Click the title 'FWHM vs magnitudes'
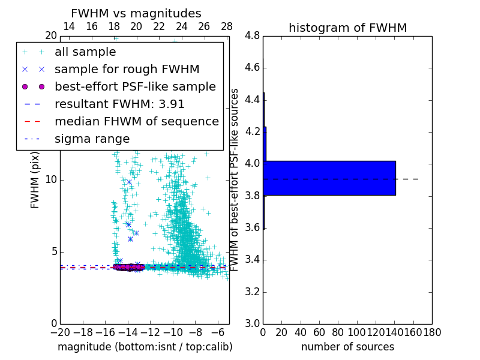[x=136, y=13]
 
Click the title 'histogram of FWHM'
[x=347, y=28]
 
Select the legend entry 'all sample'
[x=85, y=52]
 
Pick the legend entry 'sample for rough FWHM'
[x=127, y=69]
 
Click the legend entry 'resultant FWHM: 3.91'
[x=119, y=104]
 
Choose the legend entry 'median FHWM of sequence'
[x=136, y=121]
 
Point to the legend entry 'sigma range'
[x=92, y=139]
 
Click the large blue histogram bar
[x=329, y=178]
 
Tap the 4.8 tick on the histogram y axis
[x=252, y=36]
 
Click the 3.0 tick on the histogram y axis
[x=252, y=323]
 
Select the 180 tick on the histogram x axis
[x=432, y=332]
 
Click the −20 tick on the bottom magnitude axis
[x=60, y=332]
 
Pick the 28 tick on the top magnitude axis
[x=227, y=26]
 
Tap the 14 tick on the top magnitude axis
[x=69, y=26]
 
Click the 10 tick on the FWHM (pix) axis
[x=50, y=180]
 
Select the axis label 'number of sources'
[x=347, y=347]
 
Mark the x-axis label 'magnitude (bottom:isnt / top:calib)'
[x=145, y=347]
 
